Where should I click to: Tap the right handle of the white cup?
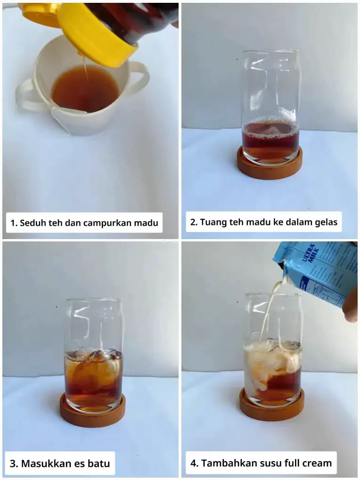[140, 78]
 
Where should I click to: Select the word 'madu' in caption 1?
[145, 223]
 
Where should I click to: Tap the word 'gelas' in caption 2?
[326, 222]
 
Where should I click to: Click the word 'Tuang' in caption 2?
[213, 222]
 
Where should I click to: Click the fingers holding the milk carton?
[350, 309]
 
